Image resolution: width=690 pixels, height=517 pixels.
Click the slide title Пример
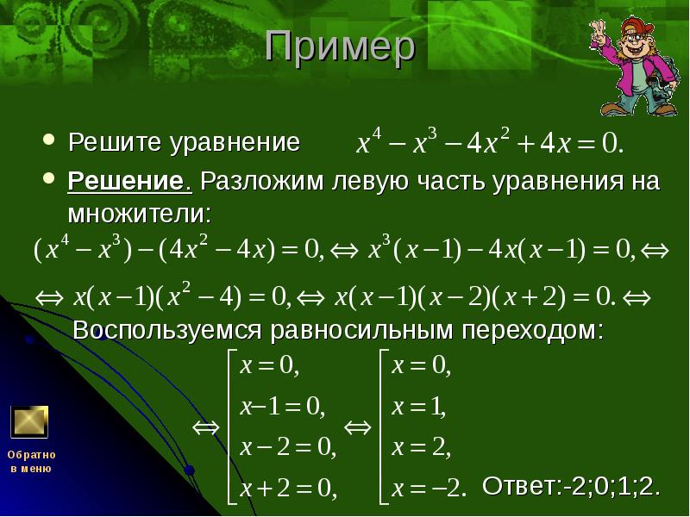click(x=340, y=49)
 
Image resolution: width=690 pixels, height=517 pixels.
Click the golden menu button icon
click(x=28, y=421)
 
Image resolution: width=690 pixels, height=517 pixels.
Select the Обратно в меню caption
click(x=31, y=461)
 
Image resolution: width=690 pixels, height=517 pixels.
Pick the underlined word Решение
click(x=129, y=183)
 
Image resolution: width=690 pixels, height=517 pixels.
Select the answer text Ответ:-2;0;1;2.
click(x=571, y=485)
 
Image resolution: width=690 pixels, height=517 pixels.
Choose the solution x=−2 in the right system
click(x=429, y=489)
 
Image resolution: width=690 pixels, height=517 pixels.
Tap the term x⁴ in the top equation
click(x=369, y=142)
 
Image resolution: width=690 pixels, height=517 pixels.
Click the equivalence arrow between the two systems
click(x=356, y=428)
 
